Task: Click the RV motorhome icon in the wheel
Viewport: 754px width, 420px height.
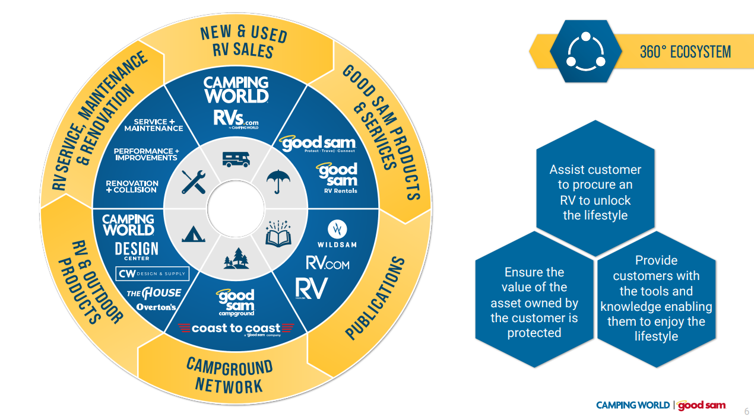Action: point(236,159)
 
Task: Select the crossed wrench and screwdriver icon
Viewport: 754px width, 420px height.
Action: point(194,182)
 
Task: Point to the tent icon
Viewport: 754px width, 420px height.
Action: point(194,233)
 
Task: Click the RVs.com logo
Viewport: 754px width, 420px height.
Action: point(236,118)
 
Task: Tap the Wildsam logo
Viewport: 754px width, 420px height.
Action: point(337,235)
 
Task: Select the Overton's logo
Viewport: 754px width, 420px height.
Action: point(156,307)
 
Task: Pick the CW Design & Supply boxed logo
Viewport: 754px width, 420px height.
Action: point(152,273)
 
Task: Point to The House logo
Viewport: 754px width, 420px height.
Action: point(154,293)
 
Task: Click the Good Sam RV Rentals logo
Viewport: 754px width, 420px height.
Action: point(337,179)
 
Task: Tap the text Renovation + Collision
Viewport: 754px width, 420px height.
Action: point(132,186)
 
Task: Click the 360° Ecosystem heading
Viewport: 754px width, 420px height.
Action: point(685,52)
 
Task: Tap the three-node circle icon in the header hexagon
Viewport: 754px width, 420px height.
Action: point(585,50)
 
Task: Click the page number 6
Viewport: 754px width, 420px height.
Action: point(747,411)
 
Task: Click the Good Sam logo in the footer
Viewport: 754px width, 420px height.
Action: point(701,405)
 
